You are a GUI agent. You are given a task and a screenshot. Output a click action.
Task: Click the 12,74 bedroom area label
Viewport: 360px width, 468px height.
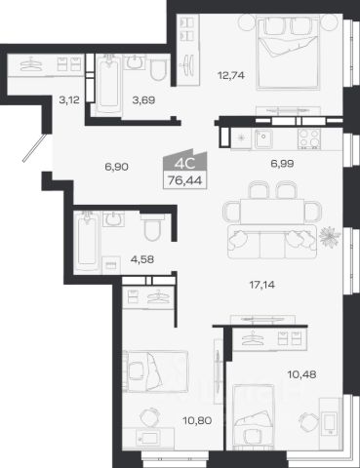pos(231,76)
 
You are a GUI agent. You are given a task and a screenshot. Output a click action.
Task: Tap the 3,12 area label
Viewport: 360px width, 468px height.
pos(69,100)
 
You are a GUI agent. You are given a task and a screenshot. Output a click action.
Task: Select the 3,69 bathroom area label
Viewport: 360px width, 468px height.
pos(143,100)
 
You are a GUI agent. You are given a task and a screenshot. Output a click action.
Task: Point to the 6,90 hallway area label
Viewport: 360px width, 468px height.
pos(116,167)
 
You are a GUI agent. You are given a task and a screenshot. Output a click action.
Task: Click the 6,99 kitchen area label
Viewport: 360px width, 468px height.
pos(282,164)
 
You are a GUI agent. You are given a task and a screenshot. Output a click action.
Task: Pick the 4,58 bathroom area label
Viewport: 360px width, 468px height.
pos(142,259)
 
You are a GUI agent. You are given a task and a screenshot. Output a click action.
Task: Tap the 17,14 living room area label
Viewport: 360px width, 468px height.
pos(261,285)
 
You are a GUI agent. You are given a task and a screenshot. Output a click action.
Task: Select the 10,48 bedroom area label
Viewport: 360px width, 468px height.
pos(301,374)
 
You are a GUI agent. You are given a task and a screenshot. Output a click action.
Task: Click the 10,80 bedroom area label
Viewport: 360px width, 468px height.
pos(197,421)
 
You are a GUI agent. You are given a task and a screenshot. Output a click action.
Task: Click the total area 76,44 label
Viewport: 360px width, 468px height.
pos(185,179)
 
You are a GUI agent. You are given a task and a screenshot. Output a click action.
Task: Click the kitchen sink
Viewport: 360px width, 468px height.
pos(263,138)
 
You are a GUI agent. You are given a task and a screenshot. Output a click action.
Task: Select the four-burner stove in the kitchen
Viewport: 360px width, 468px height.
pos(309,138)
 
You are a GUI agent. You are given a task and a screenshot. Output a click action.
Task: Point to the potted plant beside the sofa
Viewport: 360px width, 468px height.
pos(330,237)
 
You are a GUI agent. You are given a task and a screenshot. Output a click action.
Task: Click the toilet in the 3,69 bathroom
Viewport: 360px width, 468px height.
pos(158,70)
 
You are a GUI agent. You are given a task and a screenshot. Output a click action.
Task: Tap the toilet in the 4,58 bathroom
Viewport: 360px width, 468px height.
pos(152,227)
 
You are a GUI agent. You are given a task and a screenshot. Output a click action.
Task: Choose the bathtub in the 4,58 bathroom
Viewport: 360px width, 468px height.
pos(87,241)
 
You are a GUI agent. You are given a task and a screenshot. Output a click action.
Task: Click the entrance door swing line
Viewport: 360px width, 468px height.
pos(35,148)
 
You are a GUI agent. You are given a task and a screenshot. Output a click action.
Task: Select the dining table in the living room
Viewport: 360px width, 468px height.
pos(272,211)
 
